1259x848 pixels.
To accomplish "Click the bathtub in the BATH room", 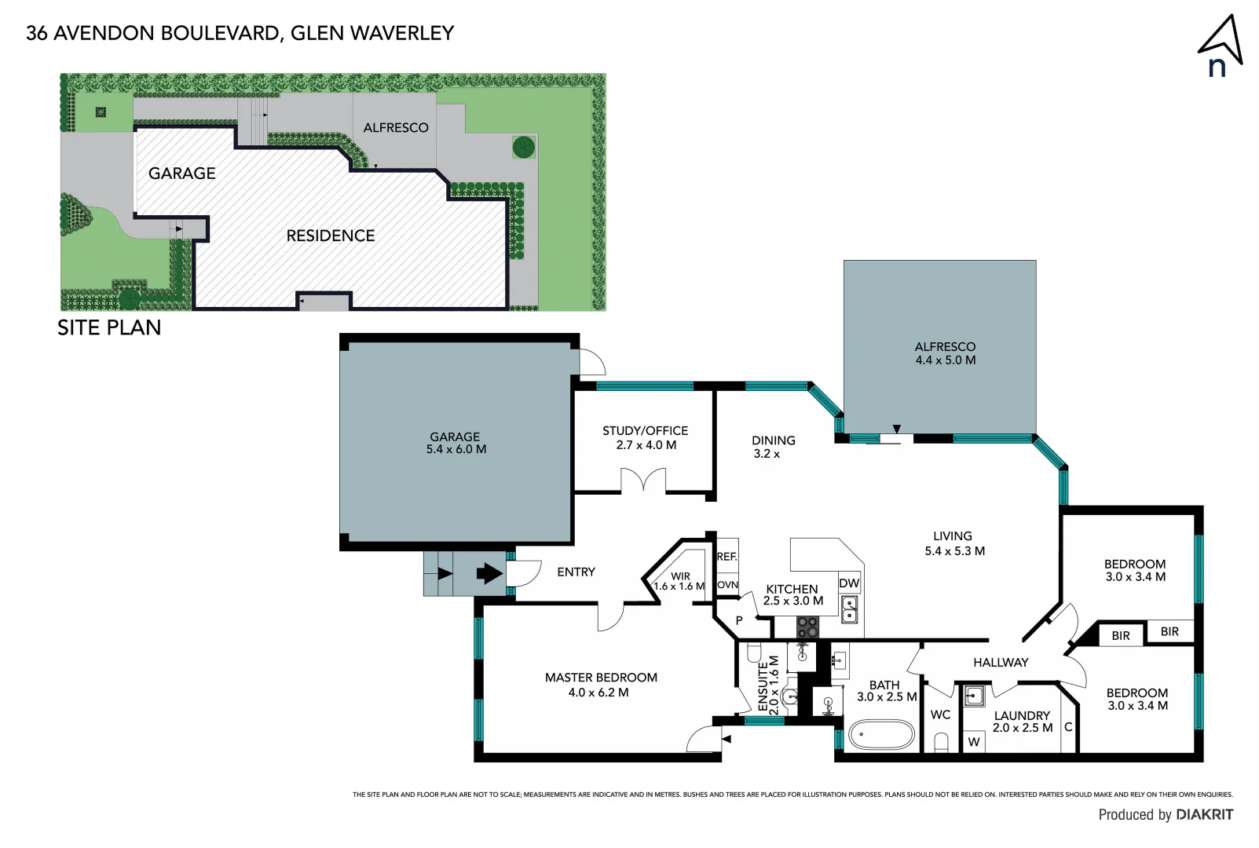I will [x=881, y=736].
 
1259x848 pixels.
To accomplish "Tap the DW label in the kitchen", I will [x=849, y=583].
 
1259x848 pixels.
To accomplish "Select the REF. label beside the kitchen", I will [x=726, y=557].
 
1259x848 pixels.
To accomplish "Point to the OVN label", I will [x=727, y=585].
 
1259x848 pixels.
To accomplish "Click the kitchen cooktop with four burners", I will [x=807, y=627].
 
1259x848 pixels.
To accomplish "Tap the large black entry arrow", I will [x=489, y=573].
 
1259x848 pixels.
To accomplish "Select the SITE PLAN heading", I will [x=109, y=327].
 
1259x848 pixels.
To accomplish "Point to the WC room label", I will [x=940, y=715].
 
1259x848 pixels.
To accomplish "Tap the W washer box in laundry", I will [x=974, y=741].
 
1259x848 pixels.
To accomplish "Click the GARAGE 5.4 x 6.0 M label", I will [x=456, y=443].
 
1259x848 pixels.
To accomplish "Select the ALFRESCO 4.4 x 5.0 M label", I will [x=945, y=353].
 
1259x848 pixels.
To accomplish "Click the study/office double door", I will [x=643, y=480].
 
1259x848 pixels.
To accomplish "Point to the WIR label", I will [x=680, y=576].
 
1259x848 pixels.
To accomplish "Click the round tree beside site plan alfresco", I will [x=524, y=146].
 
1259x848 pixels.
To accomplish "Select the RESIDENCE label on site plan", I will [x=330, y=236].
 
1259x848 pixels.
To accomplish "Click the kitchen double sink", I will [x=849, y=609].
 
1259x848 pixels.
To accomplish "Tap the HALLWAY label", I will [x=1000, y=662].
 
